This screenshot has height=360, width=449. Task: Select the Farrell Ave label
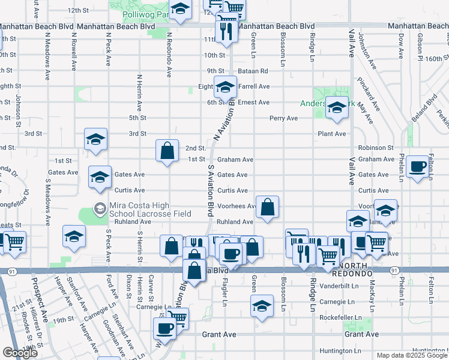tap(254, 86)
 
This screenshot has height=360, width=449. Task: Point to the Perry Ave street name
tap(283, 118)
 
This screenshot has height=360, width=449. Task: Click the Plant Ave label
tap(332, 134)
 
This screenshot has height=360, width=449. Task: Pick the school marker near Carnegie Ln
tap(262, 305)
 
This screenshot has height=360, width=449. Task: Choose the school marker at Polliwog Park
tap(179, 9)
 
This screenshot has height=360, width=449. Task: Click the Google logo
tap(20, 353)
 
